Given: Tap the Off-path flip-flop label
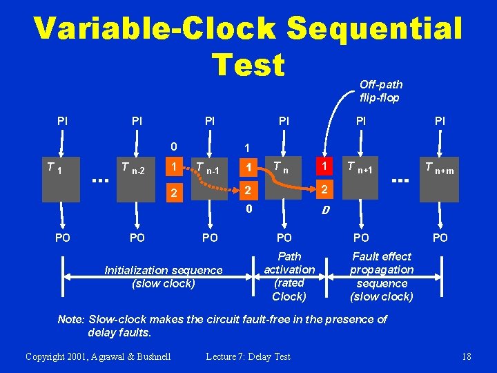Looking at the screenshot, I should click(x=380, y=91).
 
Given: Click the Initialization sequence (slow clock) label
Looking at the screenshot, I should click(x=164, y=277).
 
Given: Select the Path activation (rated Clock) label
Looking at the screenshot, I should click(x=289, y=276).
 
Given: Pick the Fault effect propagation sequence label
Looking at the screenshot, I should click(x=382, y=276).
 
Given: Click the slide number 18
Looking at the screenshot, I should click(x=467, y=356).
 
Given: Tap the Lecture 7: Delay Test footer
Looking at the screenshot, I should click(x=248, y=356).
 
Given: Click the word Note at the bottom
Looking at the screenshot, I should click(x=70, y=319).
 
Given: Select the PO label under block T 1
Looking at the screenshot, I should click(x=62, y=238).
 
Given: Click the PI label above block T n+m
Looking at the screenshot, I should click(x=440, y=122).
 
